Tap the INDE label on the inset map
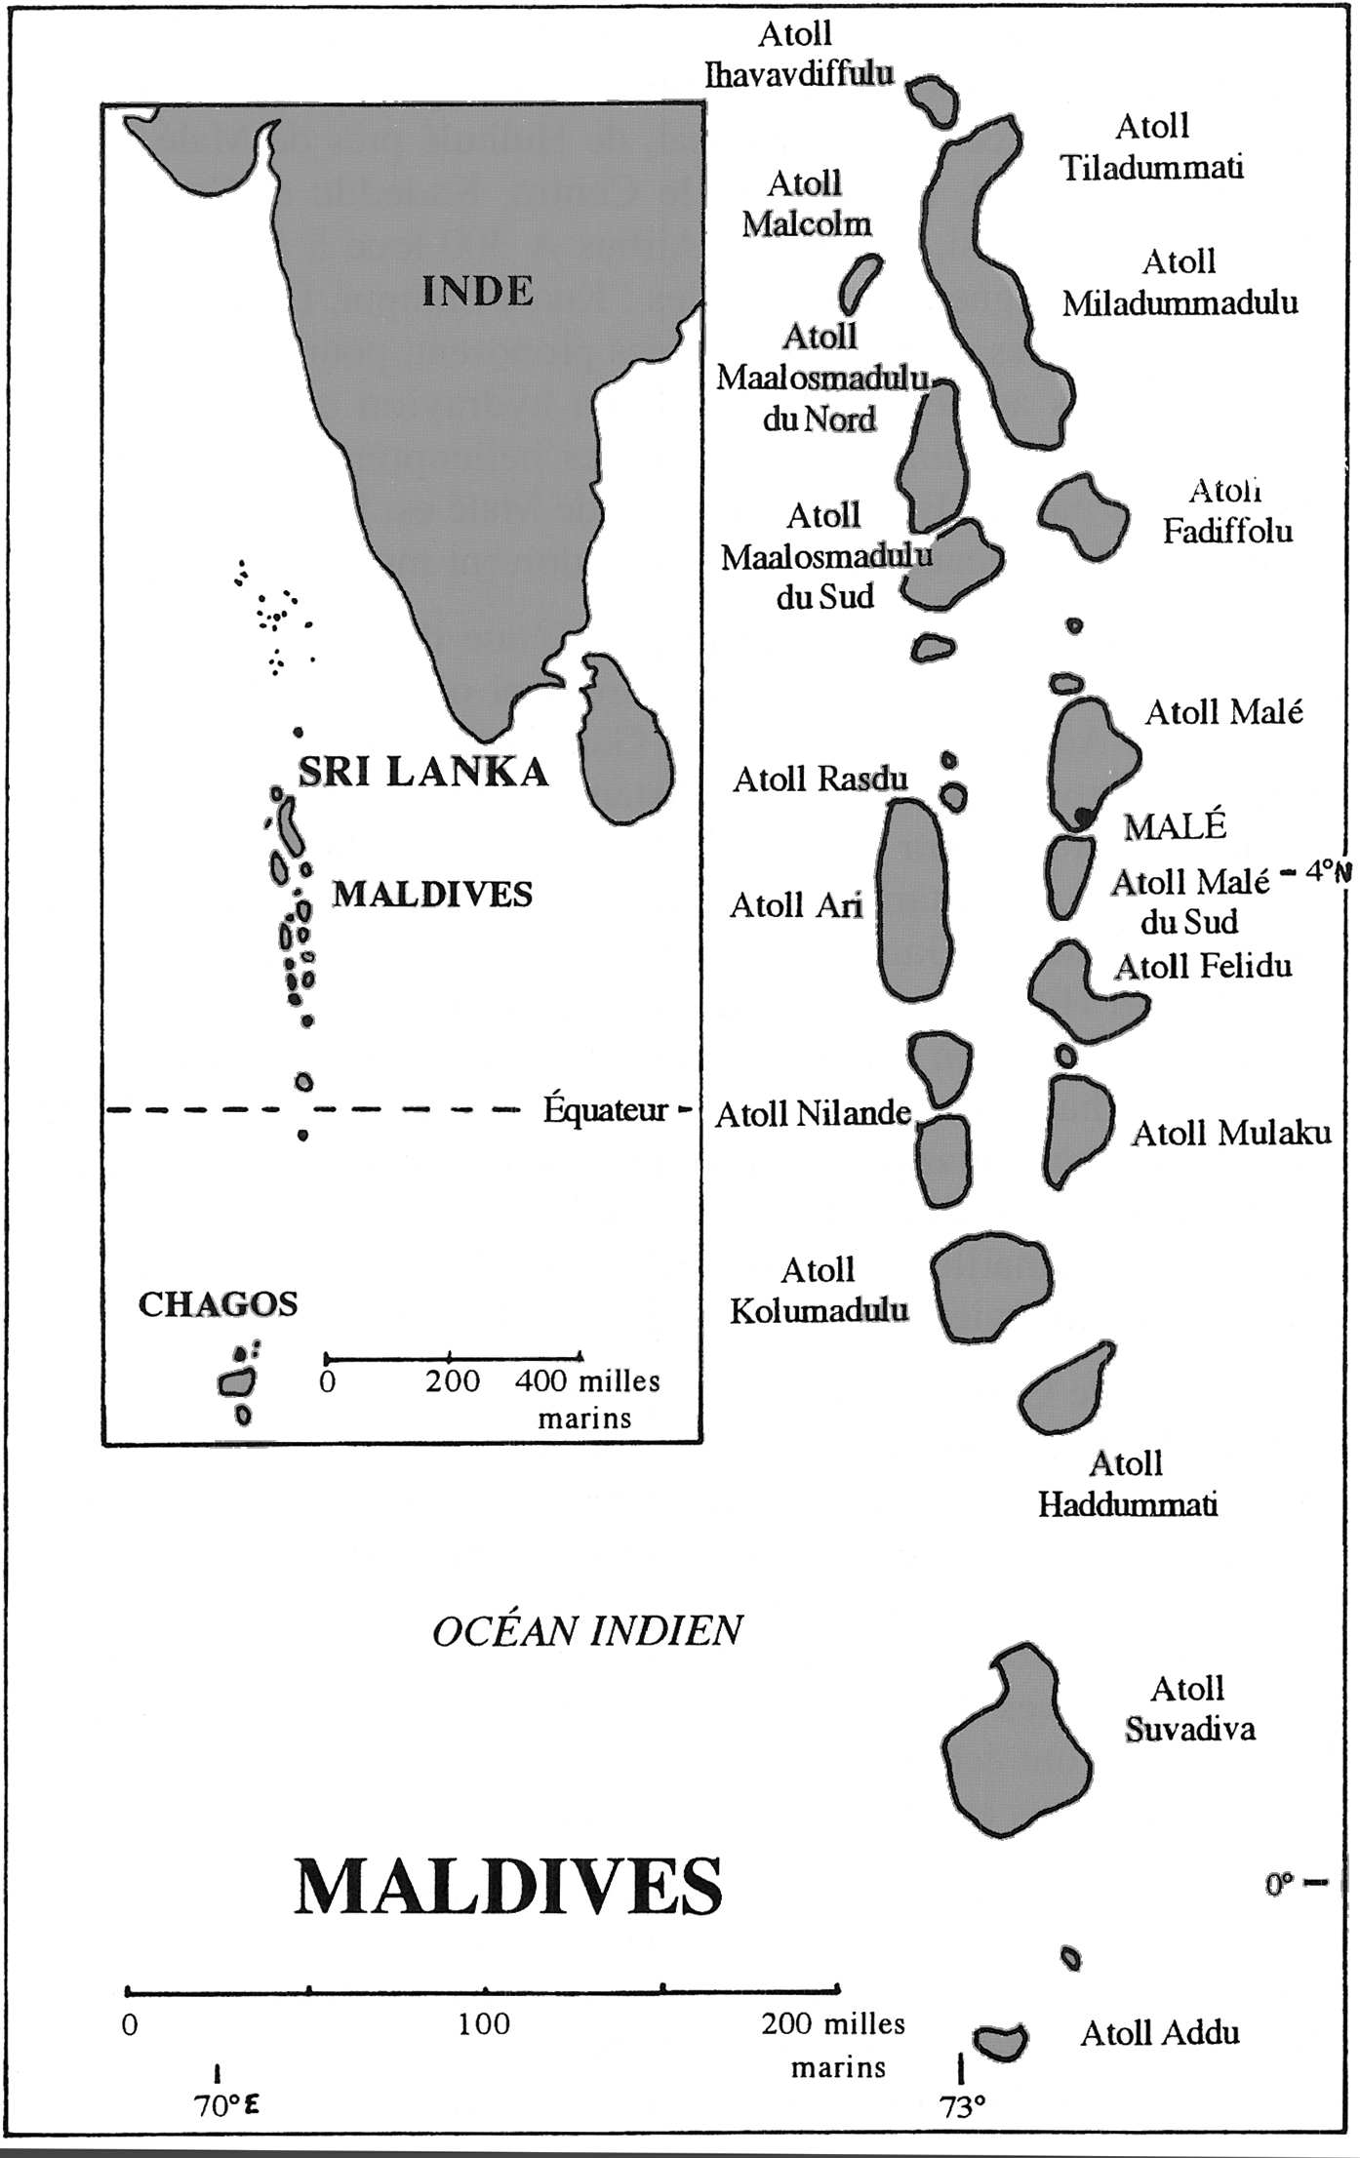coord(478,292)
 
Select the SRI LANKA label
coord(421,772)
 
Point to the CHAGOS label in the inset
coord(218,1304)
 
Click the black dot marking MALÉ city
coord(1082,817)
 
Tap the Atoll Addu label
coord(1160,2033)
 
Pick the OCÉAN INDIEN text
coord(587,1631)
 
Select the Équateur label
coord(606,1109)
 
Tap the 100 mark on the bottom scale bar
coord(485,2024)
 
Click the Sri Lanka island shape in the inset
coord(625,737)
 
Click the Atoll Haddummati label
coord(1127,1484)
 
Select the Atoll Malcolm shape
coord(860,281)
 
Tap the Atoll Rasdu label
coord(820,779)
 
